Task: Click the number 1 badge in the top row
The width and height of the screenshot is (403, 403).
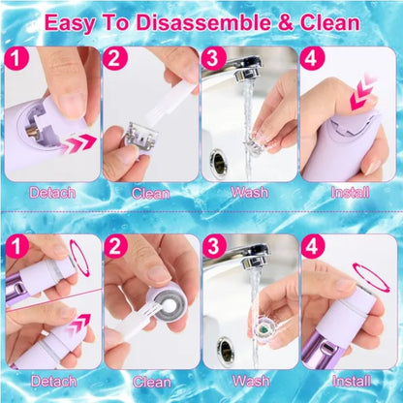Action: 16,60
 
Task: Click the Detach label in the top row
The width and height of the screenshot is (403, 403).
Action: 52,193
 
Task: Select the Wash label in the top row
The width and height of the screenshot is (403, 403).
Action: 250,193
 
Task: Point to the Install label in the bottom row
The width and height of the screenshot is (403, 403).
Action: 350,382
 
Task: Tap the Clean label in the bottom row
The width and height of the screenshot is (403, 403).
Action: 151,382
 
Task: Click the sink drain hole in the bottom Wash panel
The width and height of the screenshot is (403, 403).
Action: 225,347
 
